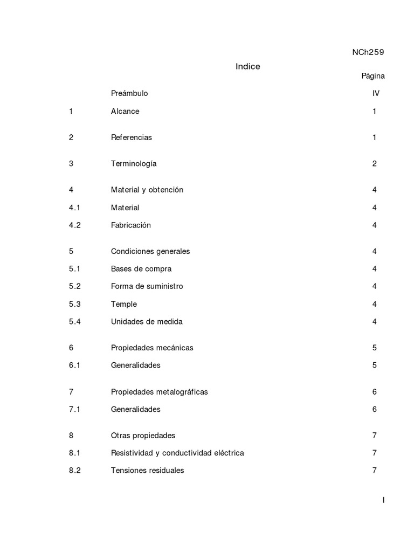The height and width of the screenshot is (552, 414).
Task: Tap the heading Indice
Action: coord(247,66)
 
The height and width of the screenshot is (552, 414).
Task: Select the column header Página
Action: coord(372,76)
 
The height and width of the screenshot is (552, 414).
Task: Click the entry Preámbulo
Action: coord(129,93)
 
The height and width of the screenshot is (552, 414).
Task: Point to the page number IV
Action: coord(376,93)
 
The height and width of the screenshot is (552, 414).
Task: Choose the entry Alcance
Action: coord(125,112)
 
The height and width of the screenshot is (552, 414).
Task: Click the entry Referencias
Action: coord(131,137)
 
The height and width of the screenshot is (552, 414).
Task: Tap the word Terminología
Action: coord(134,163)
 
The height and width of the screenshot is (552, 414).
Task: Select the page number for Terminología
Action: coord(374,163)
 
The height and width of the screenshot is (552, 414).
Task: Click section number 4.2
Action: coord(74,225)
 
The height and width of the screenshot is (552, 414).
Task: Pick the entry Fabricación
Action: coord(130,225)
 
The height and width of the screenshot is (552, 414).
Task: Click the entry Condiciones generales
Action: coord(150,251)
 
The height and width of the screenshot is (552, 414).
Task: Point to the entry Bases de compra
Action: coord(141,269)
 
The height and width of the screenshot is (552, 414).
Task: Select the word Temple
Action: coord(123,304)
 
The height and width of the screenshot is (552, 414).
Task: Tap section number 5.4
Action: coord(74,322)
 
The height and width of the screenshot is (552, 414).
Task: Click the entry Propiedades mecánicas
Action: coord(151,348)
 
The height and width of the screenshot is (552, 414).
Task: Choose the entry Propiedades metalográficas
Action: coord(159,392)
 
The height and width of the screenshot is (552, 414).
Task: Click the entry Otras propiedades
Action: coord(143,436)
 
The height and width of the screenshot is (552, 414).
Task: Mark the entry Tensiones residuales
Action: coord(147,471)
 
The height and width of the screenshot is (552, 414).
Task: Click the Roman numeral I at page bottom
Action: coord(383,500)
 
